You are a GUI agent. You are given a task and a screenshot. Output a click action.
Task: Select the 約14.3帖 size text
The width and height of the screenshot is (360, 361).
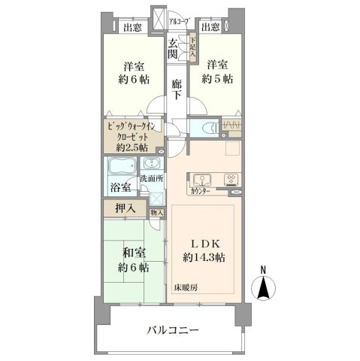204,258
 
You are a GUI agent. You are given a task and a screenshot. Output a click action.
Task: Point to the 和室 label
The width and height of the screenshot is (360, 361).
132,253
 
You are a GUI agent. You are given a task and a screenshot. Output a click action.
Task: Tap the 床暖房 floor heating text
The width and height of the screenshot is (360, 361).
186,289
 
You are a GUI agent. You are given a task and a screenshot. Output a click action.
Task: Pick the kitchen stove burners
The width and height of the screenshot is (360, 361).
231,179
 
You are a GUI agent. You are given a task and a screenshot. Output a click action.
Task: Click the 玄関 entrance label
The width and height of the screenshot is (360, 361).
174,49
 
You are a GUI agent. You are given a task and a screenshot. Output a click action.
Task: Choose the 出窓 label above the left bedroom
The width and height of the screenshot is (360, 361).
133,29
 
